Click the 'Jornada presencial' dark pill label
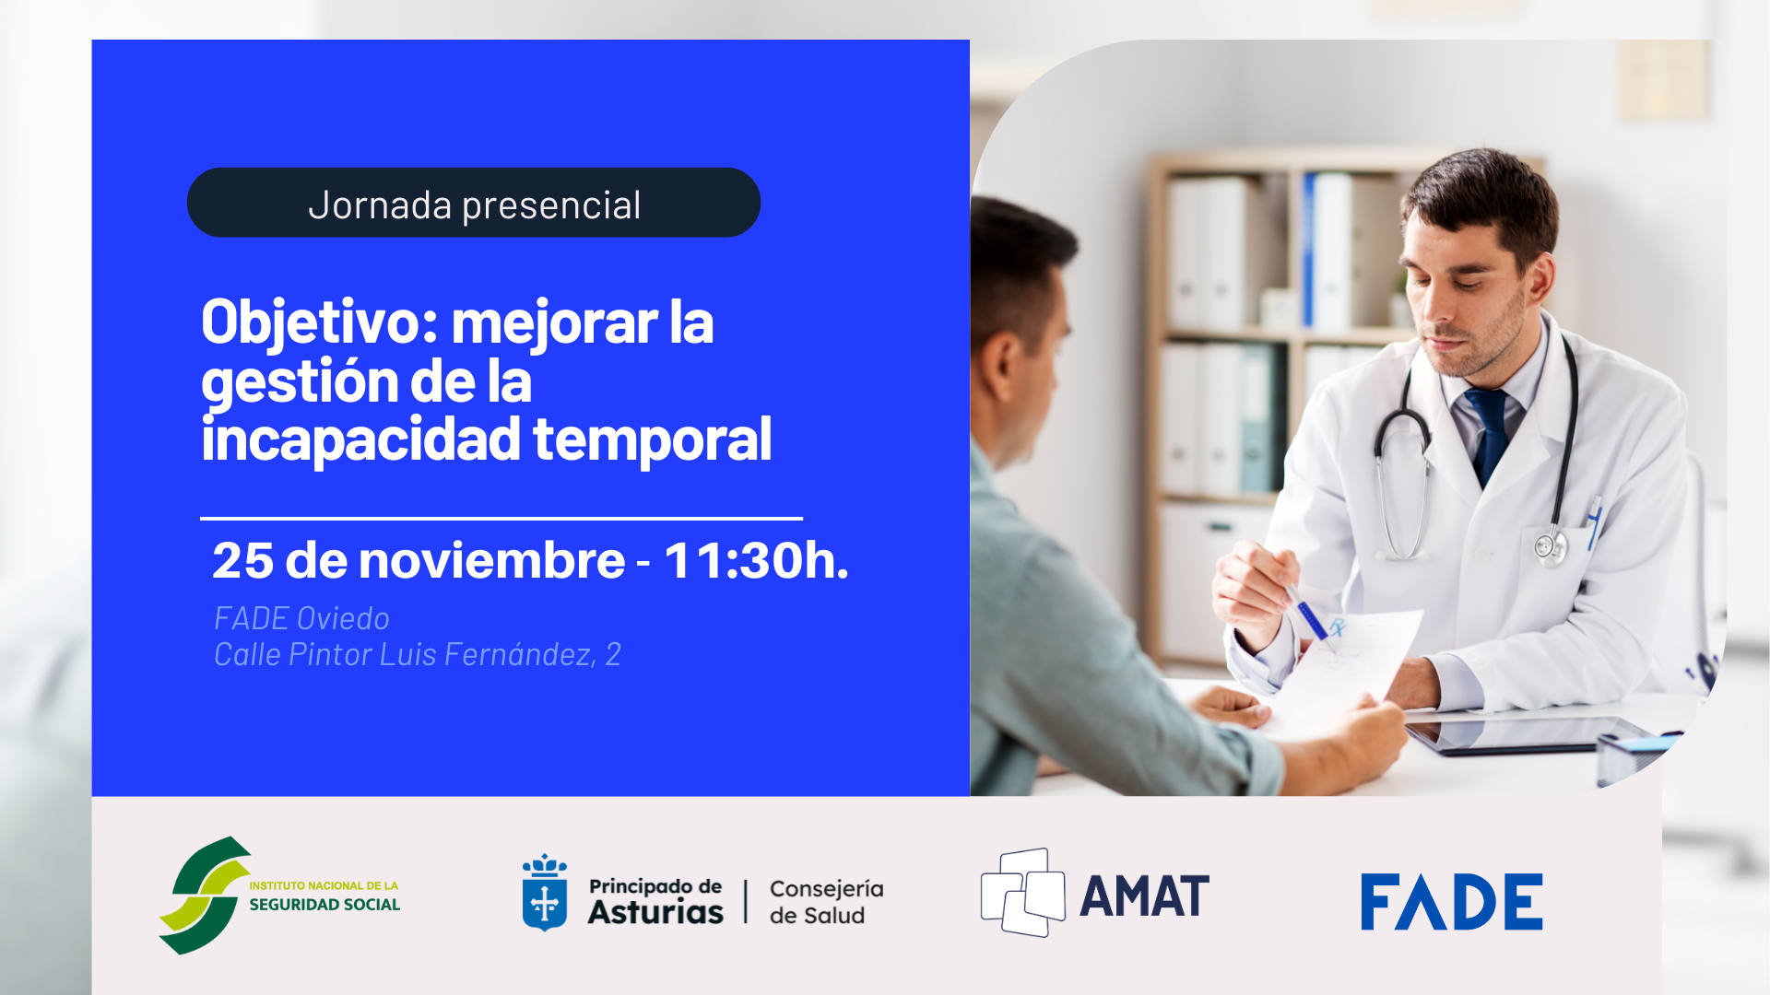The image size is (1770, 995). [474, 203]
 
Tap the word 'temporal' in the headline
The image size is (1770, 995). [652, 439]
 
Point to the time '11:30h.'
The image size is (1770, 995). [756, 560]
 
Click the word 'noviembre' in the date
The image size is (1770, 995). [491, 560]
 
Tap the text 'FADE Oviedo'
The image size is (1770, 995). [301, 618]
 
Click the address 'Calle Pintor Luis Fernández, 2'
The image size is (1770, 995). [417, 654]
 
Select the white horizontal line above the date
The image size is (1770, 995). [501, 519]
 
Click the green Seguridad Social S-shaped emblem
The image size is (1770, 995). [205, 895]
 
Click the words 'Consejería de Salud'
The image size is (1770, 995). [825, 901]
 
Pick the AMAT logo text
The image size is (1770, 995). [1144, 896]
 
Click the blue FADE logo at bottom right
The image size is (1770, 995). [1451, 902]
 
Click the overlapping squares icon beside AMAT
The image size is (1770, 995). [1022, 893]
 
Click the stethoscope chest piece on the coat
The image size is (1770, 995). [1550, 545]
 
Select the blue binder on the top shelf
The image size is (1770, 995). [1309, 251]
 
